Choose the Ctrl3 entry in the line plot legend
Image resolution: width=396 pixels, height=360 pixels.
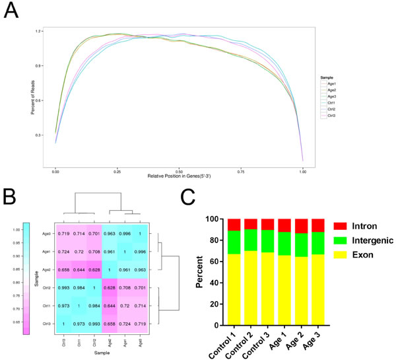coord(331,116)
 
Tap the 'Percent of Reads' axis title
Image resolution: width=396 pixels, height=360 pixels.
coord(32,96)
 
